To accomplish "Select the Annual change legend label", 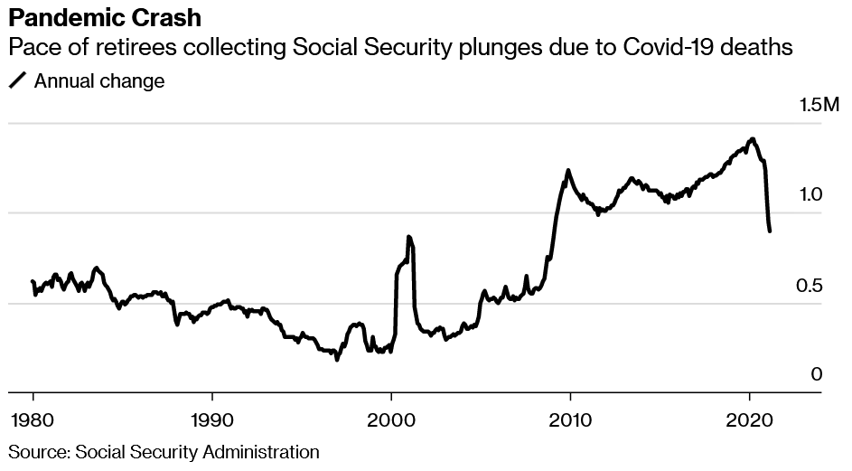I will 99,81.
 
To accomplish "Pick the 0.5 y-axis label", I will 810,287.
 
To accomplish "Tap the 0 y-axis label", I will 817,374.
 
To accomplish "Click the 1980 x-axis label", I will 33,420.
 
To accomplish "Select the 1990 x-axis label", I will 211,420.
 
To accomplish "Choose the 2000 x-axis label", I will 391,420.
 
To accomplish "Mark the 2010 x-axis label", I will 570,420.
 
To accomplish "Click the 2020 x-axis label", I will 750,420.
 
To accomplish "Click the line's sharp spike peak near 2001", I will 409,237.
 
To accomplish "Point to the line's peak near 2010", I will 567,170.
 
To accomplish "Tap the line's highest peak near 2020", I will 753,139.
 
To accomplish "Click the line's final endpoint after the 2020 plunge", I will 770,231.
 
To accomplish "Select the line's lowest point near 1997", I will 337,360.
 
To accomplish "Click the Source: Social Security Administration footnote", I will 164,451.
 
